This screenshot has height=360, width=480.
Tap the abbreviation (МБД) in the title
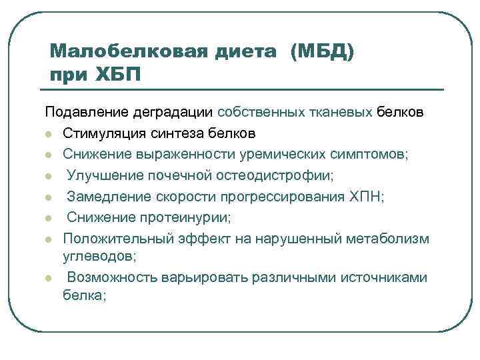coord(322,51)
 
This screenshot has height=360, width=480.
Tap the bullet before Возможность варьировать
coord(49,277)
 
